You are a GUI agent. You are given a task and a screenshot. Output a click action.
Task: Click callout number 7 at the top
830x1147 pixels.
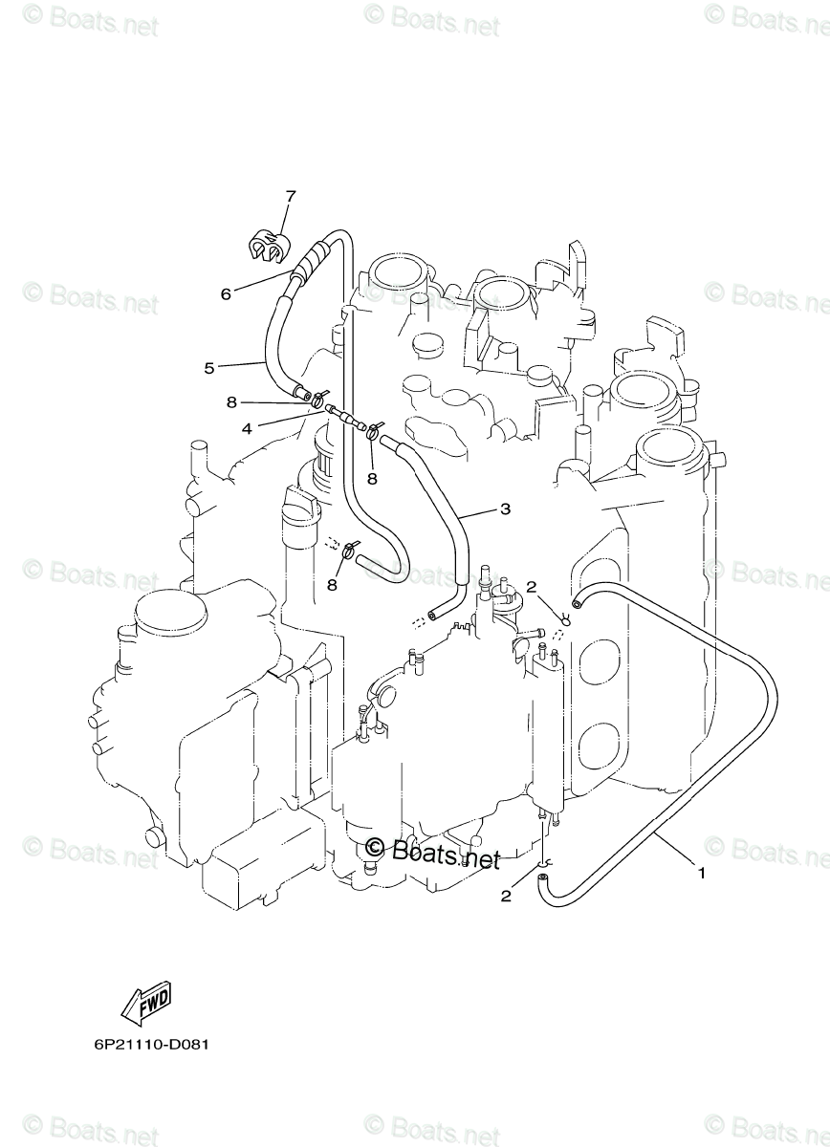[x=290, y=197]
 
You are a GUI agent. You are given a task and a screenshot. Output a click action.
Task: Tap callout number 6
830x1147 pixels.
[x=226, y=293]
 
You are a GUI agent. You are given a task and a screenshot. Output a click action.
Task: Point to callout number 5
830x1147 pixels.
[x=209, y=366]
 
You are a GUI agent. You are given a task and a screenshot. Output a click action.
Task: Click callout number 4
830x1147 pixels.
[x=247, y=429]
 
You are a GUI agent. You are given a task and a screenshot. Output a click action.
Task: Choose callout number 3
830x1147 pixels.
[x=505, y=509]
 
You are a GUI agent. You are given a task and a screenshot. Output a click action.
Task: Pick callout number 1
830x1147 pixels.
[x=701, y=873]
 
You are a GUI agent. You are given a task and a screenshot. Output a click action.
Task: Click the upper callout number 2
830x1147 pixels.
[x=532, y=587]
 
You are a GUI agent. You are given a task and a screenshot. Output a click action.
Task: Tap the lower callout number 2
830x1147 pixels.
[x=506, y=896]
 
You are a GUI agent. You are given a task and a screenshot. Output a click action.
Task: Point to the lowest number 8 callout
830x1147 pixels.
[x=333, y=583]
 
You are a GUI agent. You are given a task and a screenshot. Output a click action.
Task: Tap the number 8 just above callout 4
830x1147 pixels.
[x=231, y=402]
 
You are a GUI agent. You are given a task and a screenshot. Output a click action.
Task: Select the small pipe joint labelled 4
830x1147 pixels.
[x=343, y=416]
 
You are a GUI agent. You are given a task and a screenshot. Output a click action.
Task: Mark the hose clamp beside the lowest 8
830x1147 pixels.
[x=351, y=549]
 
